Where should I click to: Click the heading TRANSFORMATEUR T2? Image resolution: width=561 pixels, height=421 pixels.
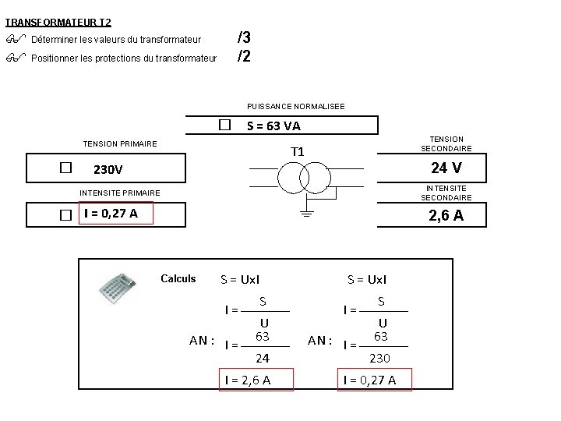[58, 22]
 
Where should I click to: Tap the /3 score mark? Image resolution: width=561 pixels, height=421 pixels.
[244, 37]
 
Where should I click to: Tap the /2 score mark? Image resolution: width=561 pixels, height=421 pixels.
[244, 56]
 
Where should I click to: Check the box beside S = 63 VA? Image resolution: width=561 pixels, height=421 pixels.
[224, 125]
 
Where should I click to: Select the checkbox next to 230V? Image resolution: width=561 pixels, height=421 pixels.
[65, 168]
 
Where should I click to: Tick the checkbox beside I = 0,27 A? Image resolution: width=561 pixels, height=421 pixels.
[65, 215]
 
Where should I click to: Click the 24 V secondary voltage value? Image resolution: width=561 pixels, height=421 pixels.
[446, 168]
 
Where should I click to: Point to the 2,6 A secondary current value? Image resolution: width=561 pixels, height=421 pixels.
[446, 215]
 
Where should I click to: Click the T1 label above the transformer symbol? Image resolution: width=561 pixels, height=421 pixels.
[298, 152]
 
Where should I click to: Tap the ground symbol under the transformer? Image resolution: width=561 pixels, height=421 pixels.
[307, 214]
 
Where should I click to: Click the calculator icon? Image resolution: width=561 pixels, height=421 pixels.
[118, 288]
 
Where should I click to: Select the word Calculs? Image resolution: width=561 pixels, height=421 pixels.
[178, 278]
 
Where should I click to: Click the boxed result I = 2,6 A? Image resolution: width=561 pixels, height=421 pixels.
[256, 380]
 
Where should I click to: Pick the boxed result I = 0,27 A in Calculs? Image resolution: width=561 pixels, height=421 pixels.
[375, 380]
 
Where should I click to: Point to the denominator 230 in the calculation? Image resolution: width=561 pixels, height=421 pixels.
[379, 358]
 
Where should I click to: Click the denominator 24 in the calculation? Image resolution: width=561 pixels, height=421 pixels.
[263, 358]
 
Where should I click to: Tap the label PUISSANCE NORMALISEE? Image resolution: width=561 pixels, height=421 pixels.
[296, 106]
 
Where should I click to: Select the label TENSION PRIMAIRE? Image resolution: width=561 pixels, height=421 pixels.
[120, 144]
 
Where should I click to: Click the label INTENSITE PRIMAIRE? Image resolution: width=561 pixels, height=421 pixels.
[120, 193]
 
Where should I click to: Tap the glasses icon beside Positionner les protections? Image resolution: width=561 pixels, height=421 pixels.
[16, 57]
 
